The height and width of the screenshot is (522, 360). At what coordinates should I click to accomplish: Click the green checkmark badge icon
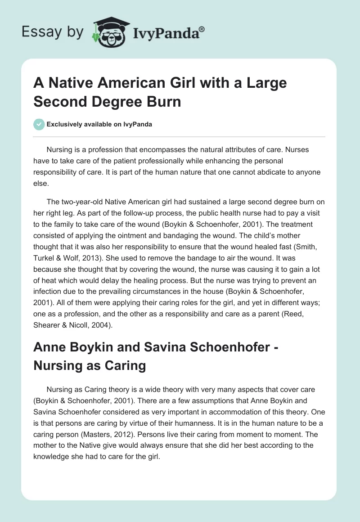click(x=39, y=124)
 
